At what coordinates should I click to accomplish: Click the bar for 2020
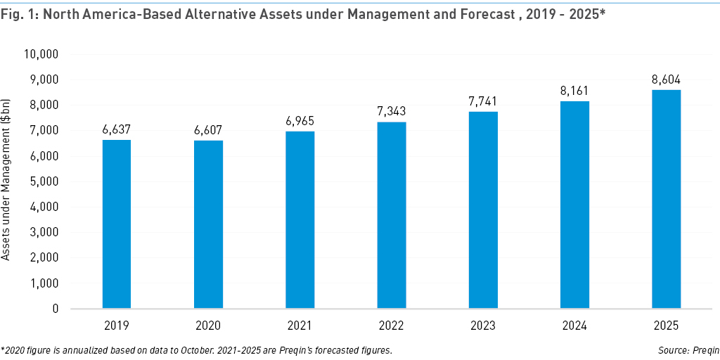(208, 224)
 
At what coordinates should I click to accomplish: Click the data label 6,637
(117, 129)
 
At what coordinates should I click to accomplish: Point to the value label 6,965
(300, 121)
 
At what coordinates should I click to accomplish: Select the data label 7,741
(483, 101)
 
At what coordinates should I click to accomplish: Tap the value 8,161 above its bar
(574, 91)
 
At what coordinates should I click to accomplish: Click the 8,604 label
(666, 79)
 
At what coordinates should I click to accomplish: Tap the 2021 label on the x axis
(300, 325)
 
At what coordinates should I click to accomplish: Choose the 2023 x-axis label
(483, 325)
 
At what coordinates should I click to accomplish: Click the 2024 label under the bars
(574, 325)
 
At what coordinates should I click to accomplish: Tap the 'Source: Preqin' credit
(690, 349)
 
